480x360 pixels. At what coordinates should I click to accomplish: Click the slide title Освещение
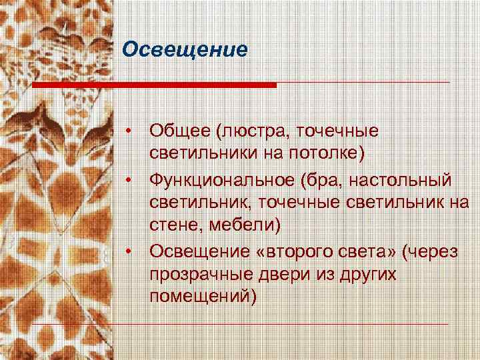pyautogui.click(x=186, y=50)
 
